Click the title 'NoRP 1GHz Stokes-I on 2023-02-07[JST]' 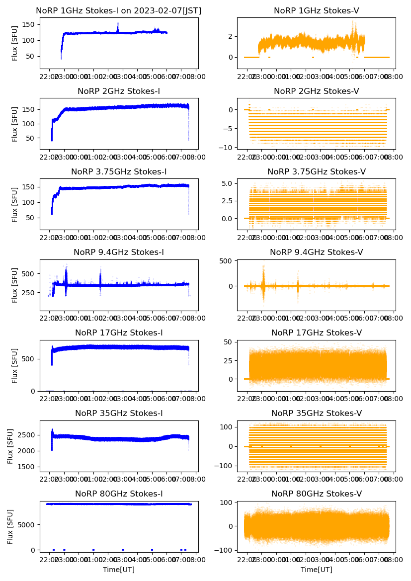[x=118, y=11]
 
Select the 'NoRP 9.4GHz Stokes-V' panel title [x=316, y=252]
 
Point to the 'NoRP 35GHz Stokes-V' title [x=316, y=414]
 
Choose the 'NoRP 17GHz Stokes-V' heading [x=316, y=333]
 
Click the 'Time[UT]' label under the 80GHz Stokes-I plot [x=118, y=570]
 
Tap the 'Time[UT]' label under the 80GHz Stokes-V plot [x=316, y=570]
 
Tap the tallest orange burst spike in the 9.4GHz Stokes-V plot [x=263, y=267]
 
